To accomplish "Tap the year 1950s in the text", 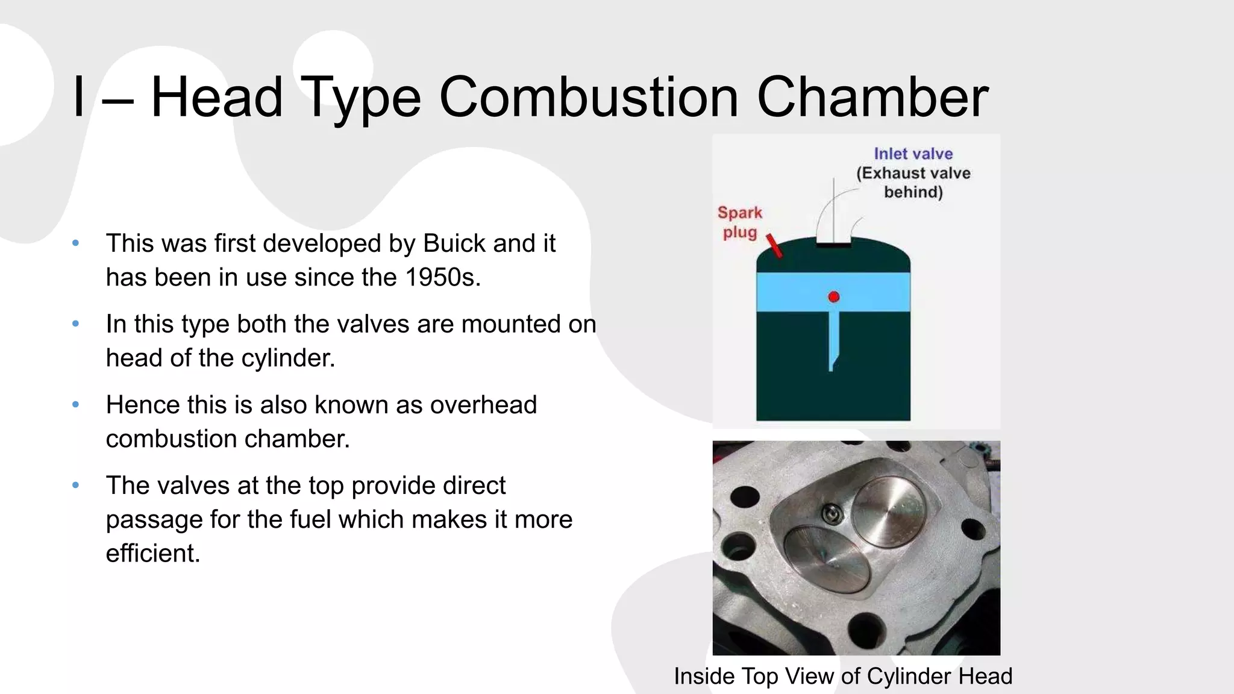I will click(442, 277).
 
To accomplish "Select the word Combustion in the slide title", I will click(589, 97).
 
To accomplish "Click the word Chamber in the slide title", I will click(872, 97).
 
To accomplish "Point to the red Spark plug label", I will click(740, 222).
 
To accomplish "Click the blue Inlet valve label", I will click(913, 154).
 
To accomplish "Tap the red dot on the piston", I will click(834, 296).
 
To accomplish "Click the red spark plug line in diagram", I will click(774, 246).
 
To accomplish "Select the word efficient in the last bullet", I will click(152, 553).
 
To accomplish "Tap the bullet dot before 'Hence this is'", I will click(75, 405).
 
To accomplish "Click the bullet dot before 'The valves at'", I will click(75, 486).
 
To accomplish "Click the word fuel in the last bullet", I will click(312, 519).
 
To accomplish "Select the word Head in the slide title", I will click(217, 97).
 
